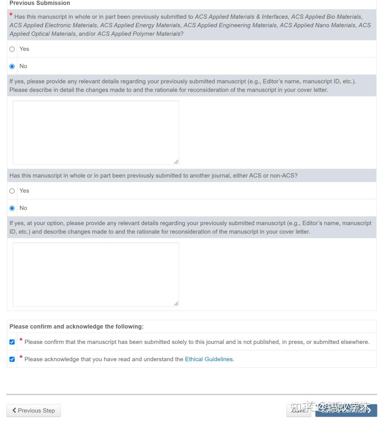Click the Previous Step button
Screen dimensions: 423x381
34,410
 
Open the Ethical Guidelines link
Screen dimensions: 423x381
209,359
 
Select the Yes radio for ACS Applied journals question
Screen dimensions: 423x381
12,49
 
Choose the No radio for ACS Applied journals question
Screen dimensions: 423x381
12,66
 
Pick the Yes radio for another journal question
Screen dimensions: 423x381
12,191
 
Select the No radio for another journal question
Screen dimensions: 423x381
12,208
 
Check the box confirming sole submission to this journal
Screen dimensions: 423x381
12,342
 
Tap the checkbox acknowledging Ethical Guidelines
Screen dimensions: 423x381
12,359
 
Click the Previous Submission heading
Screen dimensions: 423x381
40,3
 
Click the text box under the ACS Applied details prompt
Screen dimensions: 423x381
96,132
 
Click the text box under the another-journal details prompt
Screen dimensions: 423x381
96,274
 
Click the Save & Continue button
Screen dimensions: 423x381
346,410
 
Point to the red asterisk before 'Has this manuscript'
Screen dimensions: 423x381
11,15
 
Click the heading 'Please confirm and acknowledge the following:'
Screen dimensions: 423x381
76,327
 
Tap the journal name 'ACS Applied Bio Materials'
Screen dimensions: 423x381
326,17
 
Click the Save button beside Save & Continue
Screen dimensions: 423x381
298,410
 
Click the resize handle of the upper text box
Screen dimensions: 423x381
176,162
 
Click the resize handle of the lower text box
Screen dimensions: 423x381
176,303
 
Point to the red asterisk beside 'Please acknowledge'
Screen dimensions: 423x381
21,357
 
